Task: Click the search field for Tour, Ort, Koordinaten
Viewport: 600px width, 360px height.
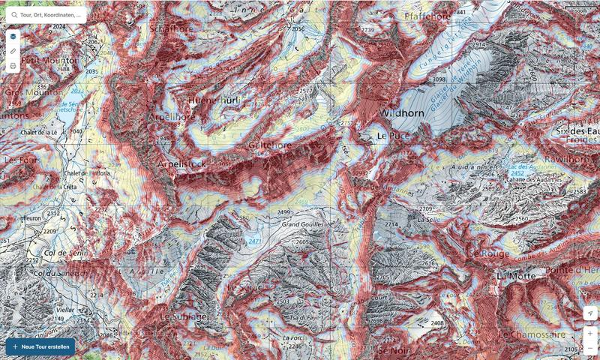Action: click(x=49, y=14)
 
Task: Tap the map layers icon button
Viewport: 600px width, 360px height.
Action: click(x=13, y=36)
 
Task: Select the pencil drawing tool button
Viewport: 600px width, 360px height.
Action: click(x=13, y=51)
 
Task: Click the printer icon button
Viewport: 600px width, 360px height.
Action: click(x=13, y=66)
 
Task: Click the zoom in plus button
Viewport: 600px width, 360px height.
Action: click(x=590, y=333)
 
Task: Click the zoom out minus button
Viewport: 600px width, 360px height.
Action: click(x=590, y=348)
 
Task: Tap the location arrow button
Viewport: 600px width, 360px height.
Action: click(x=590, y=313)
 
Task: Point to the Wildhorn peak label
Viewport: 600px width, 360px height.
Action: click(x=403, y=114)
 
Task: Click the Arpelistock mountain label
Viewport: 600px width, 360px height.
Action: click(x=181, y=163)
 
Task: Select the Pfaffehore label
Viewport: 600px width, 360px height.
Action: click(x=427, y=16)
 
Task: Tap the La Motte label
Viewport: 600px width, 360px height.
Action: click(x=515, y=276)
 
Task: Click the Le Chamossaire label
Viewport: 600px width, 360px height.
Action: click(x=533, y=333)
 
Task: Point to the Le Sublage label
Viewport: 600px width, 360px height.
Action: click(x=181, y=316)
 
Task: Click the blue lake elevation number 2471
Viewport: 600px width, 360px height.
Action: click(x=255, y=241)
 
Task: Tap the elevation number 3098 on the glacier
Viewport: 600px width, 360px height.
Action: click(x=439, y=79)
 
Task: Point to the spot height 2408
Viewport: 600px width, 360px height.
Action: click(x=437, y=322)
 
